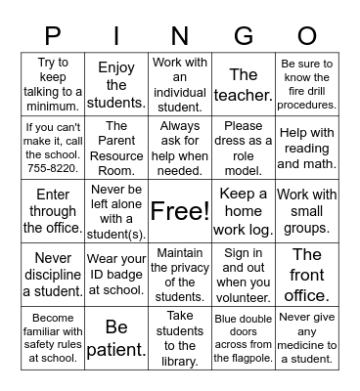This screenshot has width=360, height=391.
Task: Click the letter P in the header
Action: tap(54, 35)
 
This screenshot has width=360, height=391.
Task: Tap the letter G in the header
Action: tap(244, 35)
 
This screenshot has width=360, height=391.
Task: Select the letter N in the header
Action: tap(180, 35)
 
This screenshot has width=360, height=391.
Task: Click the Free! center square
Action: tap(180, 211)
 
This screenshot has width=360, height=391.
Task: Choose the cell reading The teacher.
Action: tap(244, 84)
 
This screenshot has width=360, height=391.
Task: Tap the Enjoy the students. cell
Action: tap(116, 84)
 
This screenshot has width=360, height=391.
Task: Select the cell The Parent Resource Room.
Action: tap(116, 148)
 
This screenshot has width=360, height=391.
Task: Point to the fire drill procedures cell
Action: tap(307, 84)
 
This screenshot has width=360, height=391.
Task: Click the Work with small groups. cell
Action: tap(307, 211)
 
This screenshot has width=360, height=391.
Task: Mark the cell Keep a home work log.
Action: tap(244, 211)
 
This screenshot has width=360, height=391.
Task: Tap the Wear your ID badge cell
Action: tap(116, 275)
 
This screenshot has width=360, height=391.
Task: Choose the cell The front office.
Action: tap(307, 275)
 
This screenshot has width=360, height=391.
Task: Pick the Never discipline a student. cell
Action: tap(54, 275)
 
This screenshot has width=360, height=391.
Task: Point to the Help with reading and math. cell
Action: tap(307, 148)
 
